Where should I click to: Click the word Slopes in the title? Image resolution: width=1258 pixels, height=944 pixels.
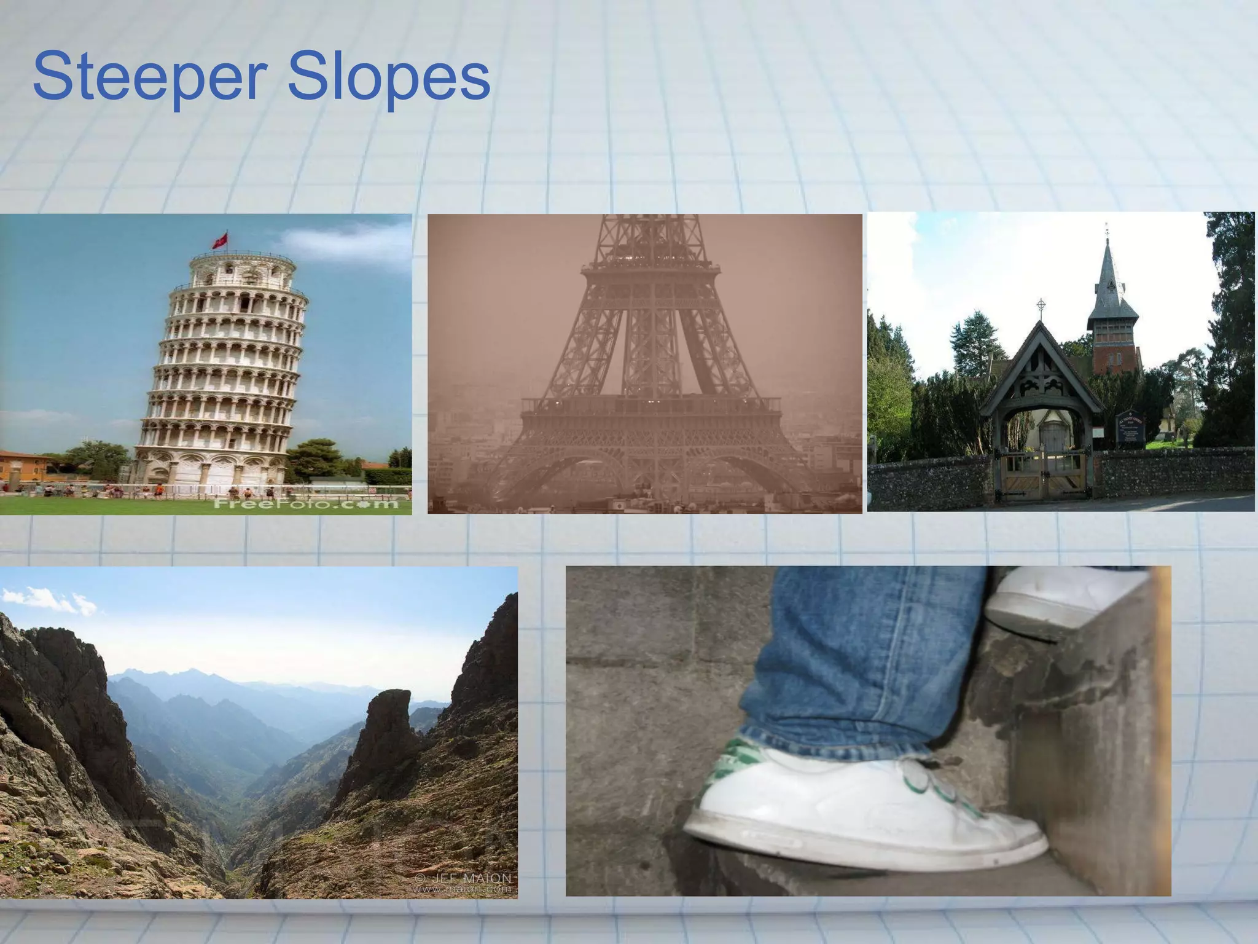[388, 78]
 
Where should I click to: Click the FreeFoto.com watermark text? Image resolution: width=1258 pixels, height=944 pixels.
[305, 505]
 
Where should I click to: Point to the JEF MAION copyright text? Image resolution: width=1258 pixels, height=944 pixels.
[463, 878]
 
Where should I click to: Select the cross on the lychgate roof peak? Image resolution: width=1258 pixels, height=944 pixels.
[1041, 305]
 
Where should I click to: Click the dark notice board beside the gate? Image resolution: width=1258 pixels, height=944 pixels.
[1130, 427]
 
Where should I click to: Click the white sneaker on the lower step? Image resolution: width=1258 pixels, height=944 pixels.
[860, 811]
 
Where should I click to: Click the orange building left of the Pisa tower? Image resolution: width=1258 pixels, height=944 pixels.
[21, 467]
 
